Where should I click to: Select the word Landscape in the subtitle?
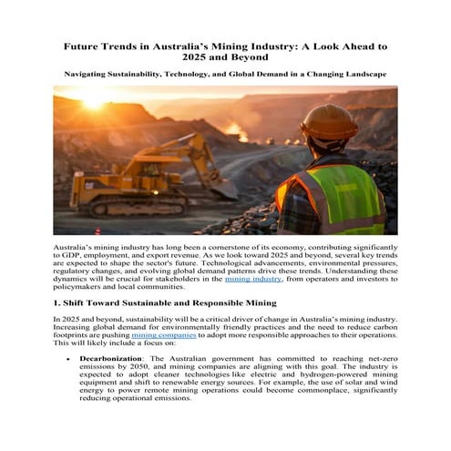click(361, 73)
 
